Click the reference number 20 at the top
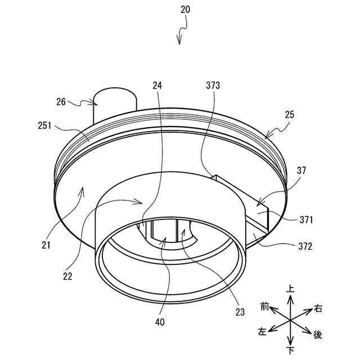point(186,10)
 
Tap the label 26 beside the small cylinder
point(61,102)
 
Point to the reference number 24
point(157,85)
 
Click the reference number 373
point(213,85)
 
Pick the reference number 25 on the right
point(290,114)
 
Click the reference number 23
point(240,310)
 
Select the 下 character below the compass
point(290,350)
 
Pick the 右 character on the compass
point(318,308)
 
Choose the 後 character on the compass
point(318,335)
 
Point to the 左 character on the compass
point(262,332)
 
